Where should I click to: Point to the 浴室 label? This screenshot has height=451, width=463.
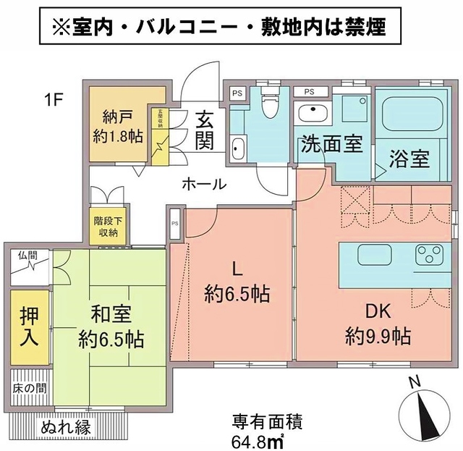tap(409, 156)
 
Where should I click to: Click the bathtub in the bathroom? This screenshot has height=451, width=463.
tap(409, 116)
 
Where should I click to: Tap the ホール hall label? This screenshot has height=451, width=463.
tap(204, 184)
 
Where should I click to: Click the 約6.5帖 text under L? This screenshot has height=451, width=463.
tap(237, 294)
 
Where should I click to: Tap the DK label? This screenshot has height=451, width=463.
tap(378, 312)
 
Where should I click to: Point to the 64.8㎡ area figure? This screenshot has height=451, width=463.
tap(258, 439)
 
